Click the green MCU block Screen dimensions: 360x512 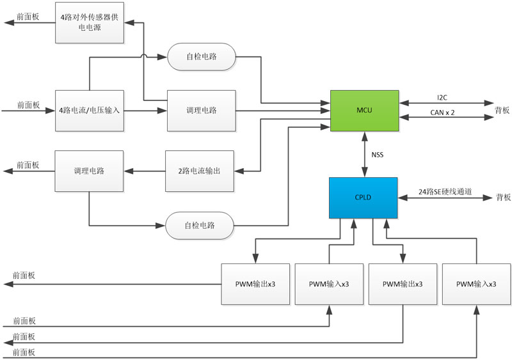click(x=364, y=111)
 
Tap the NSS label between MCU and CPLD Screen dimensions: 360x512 click(x=378, y=155)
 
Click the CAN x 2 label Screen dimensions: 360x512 click(x=443, y=113)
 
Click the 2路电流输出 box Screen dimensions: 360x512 click(x=200, y=171)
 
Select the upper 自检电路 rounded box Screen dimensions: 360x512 click(x=201, y=56)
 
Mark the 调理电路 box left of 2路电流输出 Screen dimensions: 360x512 click(x=89, y=171)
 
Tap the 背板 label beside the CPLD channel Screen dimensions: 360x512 click(x=502, y=198)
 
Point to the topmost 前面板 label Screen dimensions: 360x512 click(x=27, y=16)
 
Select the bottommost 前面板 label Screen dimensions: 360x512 click(x=24, y=352)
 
